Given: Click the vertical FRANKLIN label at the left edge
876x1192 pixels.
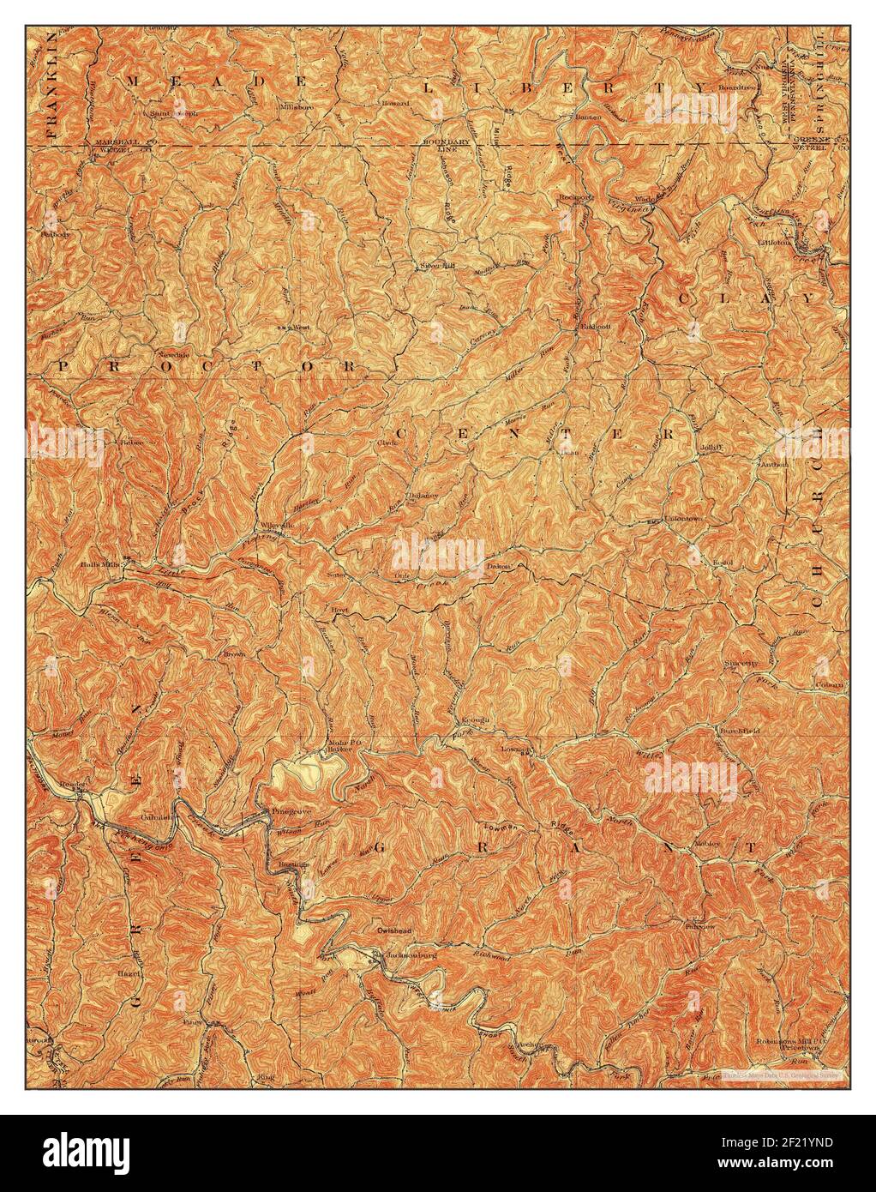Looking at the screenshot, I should tap(51, 86).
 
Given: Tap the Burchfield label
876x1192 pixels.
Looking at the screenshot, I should tap(739, 731).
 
